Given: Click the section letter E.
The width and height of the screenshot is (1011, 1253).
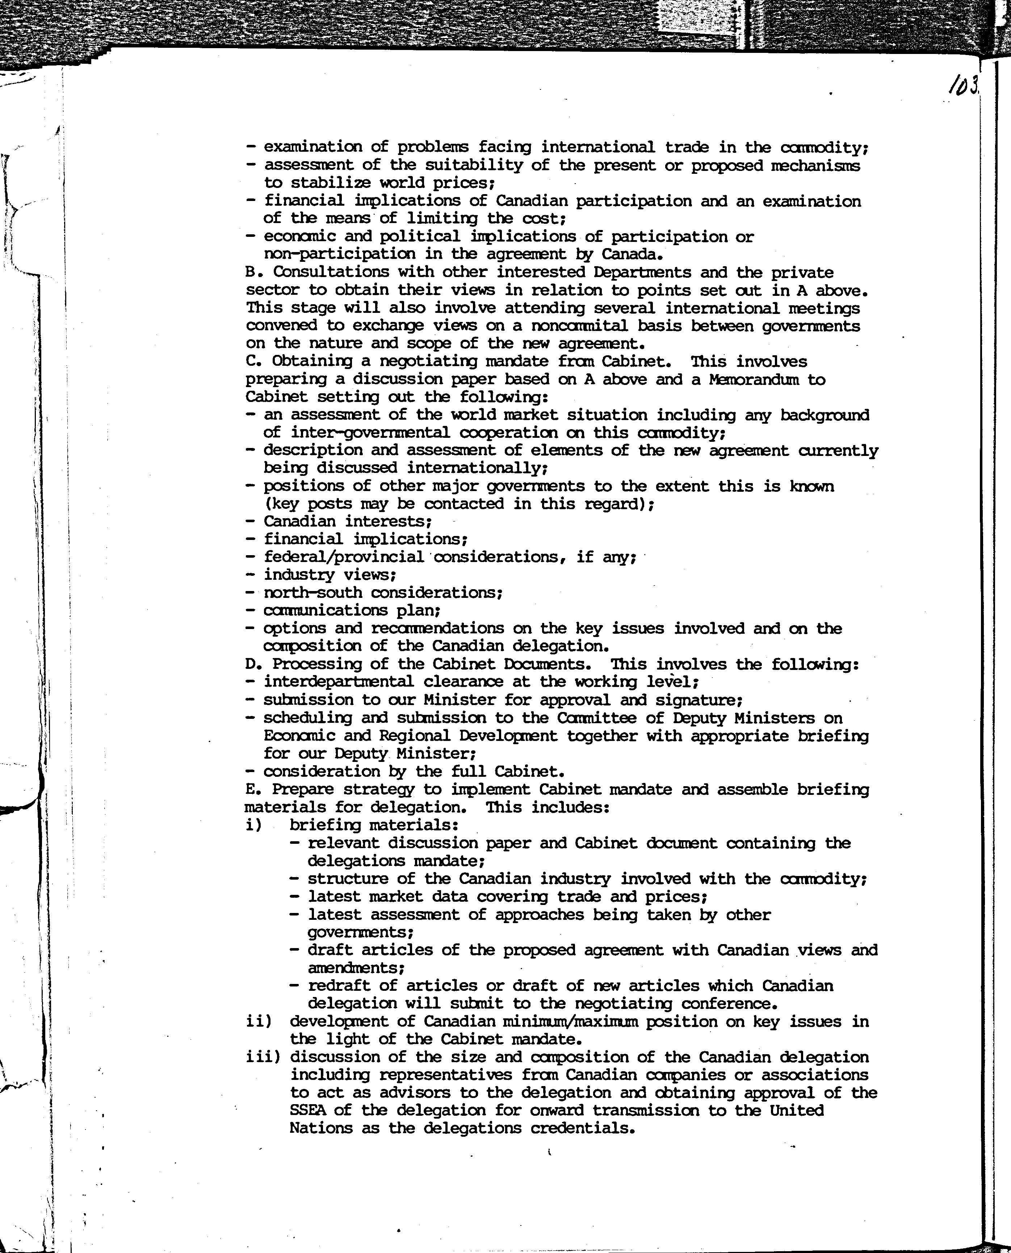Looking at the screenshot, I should (251, 789).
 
